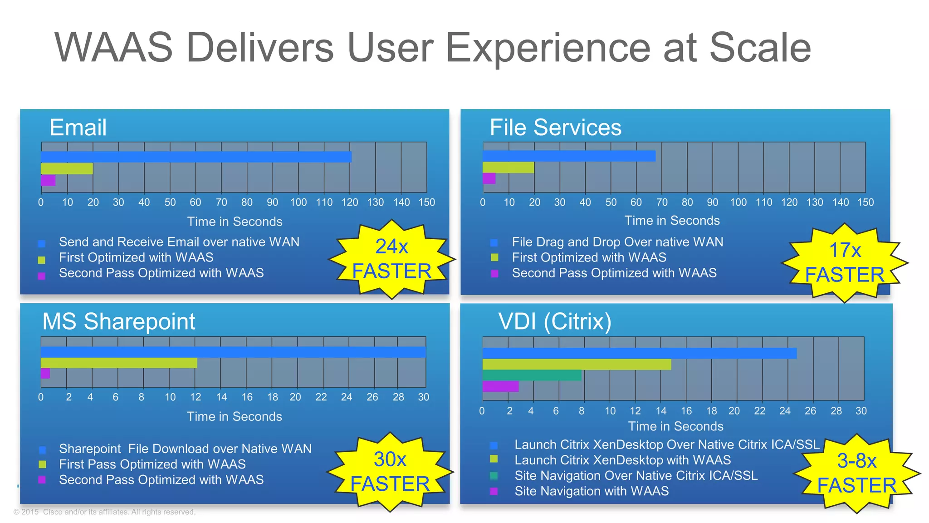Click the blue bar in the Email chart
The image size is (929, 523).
196,157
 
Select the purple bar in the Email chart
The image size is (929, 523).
48,180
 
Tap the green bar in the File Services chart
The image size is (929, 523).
508,168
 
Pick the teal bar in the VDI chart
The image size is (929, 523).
532,375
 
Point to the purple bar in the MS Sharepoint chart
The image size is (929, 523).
45,373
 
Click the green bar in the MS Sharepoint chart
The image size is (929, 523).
119,363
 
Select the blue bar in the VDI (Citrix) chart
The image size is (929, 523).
639,353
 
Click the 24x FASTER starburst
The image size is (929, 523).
391,259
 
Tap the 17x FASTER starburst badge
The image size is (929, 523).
844,263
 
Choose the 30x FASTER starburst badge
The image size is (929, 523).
390,472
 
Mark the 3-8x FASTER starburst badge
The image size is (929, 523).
856,474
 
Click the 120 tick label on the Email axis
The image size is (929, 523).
350,202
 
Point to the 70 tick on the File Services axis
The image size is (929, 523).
662,202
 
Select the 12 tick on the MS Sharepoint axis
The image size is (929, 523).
196,397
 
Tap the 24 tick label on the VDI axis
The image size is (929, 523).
785,411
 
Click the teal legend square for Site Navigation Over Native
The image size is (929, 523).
494,476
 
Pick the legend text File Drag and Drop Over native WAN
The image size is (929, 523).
617,242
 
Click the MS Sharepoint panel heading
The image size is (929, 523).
118,321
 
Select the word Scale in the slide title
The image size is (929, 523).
760,48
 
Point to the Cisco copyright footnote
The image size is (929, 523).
104,512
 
